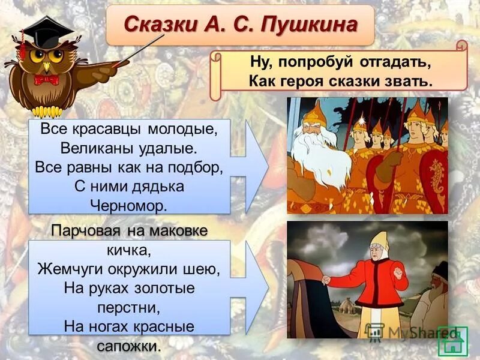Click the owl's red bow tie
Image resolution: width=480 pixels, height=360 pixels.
[46, 79]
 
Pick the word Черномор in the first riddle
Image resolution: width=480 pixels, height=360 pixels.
[129, 204]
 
